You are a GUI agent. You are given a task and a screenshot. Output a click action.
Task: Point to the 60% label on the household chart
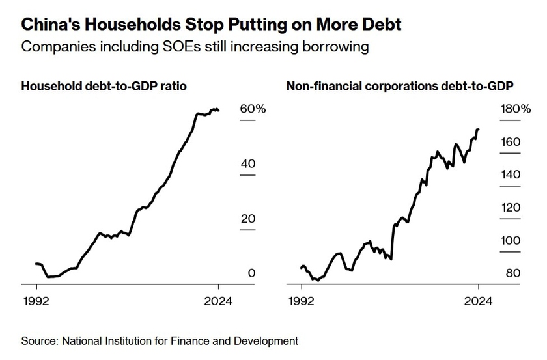253,109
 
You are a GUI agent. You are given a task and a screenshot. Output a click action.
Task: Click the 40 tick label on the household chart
247,164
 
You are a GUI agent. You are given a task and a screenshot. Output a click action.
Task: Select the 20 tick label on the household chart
247,219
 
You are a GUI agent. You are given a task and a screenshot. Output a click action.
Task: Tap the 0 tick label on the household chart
251,273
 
